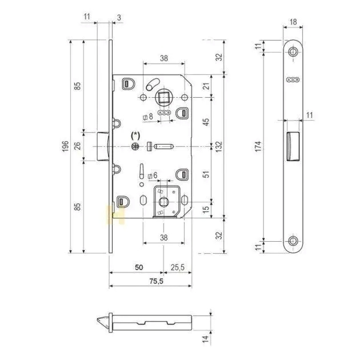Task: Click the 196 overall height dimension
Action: pyautogui.click(x=65, y=146)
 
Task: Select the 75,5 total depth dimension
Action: pyautogui.click(x=157, y=281)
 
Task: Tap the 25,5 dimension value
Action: pyautogui.click(x=178, y=267)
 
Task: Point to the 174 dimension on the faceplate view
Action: pyautogui.click(x=258, y=146)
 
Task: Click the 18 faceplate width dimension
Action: pyautogui.click(x=293, y=22)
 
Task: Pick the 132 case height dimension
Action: pyautogui.click(x=219, y=146)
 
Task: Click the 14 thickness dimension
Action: pyautogui.click(x=206, y=339)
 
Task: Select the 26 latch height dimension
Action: pyautogui.click(x=77, y=146)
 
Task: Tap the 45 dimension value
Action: pyautogui.click(x=206, y=122)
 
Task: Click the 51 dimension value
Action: pyautogui.click(x=206, y=174)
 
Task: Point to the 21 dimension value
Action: pyautogui.click(x=206, y=86)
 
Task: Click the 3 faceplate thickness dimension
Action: pyautogui.click(x=119, y=17)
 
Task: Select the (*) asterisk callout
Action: pyautogui.click(x=135, y=135)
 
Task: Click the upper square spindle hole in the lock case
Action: pyautogui.click(x=163, y=98)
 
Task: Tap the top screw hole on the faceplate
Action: pyautogui.click(x=293, y=52)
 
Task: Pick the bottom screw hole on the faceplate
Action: pyautogui.click(x=293, y=241)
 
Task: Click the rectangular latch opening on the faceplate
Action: pyautogui.click(x=293, y=146)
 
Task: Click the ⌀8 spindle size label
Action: pyautogui.click(x=148, y=117)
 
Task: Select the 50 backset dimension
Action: pyautogui.click(x=139, y=267)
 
